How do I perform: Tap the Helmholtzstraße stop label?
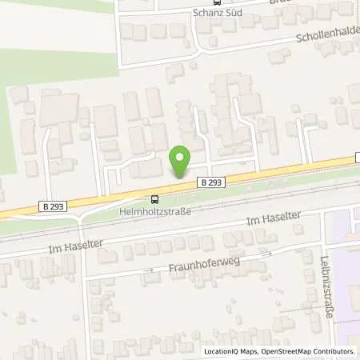click(153, 211)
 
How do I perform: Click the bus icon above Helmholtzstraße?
click(154, 199)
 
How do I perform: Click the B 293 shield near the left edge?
click(52, 207)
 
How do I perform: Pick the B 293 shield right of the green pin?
click(210, 183)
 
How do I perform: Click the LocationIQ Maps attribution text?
click(227, 351)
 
